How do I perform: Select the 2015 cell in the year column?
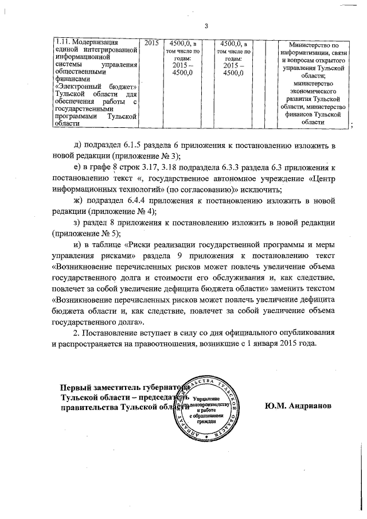152,42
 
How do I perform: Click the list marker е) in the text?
79,167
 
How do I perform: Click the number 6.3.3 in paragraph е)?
230,167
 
